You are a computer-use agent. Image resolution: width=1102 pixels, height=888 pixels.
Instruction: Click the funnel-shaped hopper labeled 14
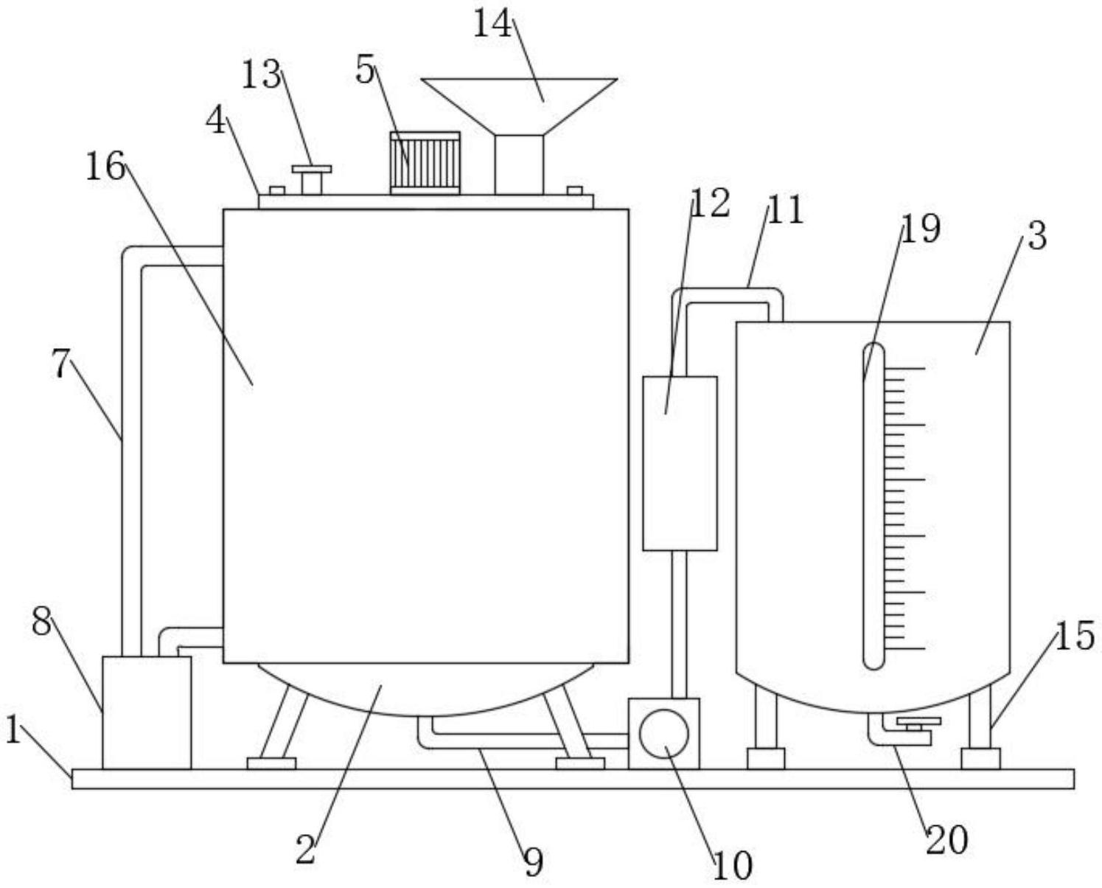519,107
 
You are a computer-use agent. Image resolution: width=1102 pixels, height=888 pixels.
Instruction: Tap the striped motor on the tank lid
425,163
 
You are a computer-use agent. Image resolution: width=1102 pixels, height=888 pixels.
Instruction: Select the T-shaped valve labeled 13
311,180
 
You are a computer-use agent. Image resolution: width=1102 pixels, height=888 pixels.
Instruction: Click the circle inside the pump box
664,734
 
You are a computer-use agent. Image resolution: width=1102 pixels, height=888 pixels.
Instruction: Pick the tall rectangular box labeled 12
680,463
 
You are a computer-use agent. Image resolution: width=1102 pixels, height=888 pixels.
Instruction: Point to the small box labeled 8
147,712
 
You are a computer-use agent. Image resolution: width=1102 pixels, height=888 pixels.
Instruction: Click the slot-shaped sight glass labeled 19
873,506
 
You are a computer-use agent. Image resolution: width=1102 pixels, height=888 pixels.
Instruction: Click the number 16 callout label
105,166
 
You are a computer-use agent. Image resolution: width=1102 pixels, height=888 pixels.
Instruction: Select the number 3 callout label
1037,237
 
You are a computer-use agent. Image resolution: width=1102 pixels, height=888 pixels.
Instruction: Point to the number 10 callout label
733,865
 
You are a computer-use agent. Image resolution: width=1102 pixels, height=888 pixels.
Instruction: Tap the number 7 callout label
61,364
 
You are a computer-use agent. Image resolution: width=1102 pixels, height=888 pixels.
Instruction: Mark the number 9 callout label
533,862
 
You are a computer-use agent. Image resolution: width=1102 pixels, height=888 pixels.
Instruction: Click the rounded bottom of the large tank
426,690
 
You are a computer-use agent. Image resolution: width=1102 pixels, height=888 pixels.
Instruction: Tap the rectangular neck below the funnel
519,165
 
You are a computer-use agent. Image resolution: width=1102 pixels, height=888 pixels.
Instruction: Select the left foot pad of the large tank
271,763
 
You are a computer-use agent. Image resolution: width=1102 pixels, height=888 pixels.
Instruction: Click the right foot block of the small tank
980,759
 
